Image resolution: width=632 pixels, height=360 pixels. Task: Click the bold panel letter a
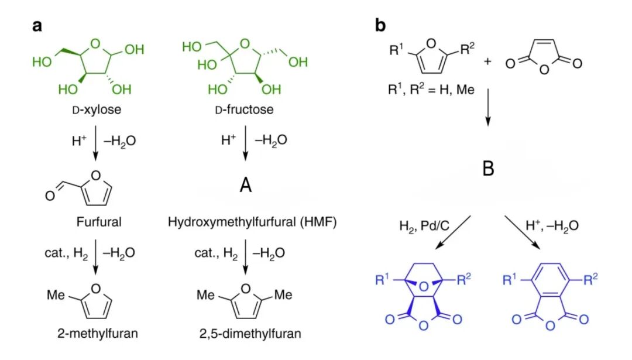click(37, 26)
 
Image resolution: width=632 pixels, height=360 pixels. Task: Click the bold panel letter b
click(380, 26)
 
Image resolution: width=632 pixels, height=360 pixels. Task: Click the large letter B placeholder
click(488, 169)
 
